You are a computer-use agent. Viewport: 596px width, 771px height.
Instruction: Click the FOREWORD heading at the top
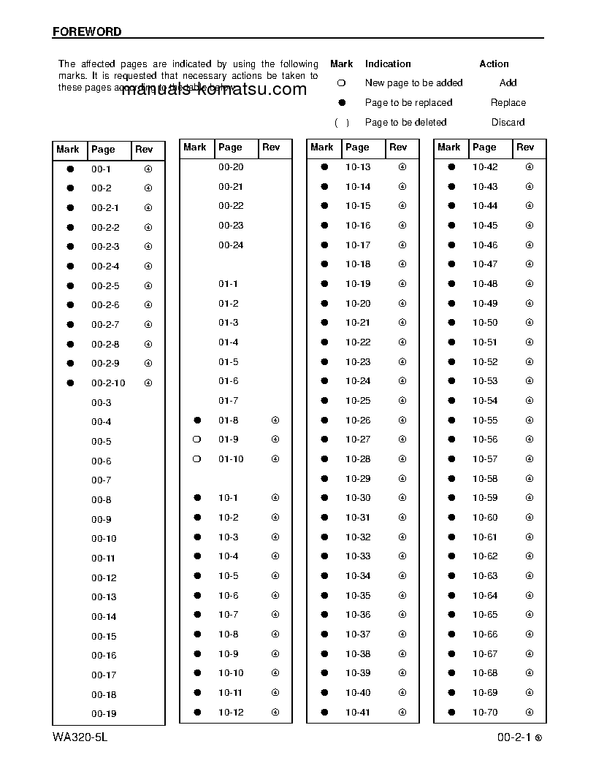click(87, 32)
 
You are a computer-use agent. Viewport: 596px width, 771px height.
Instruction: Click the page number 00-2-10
click(108, 383)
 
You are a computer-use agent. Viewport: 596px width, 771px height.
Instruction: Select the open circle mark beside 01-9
click(196, 440)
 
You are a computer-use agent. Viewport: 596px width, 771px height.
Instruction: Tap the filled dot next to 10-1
click(197, 498)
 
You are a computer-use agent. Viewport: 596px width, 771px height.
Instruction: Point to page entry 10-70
click(485, 713)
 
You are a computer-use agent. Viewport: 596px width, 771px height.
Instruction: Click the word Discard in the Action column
click(508, 123)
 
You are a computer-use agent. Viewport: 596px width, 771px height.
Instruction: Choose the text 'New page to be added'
click(413, 83)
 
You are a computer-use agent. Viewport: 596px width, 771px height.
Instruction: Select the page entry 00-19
click(104, 714)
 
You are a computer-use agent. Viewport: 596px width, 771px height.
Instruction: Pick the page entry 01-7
click(228, 401)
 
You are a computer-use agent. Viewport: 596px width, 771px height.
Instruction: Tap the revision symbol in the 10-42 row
click(530, 167)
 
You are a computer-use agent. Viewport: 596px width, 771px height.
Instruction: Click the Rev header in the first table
click(144, 150)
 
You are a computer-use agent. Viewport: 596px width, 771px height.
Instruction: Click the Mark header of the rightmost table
click(449, 147)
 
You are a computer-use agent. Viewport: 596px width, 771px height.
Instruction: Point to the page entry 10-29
click(358, 479)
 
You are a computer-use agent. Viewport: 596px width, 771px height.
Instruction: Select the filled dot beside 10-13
click(324, 167)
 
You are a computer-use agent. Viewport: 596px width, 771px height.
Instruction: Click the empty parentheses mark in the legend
click(341, 123)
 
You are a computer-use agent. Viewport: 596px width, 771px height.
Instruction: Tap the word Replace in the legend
click(508, 103)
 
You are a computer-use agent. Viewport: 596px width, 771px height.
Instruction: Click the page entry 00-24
click(231, 245)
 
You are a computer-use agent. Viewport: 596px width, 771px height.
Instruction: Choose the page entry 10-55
click(485, 421)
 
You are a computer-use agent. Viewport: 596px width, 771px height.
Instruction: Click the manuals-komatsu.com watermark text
click(213, 90)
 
